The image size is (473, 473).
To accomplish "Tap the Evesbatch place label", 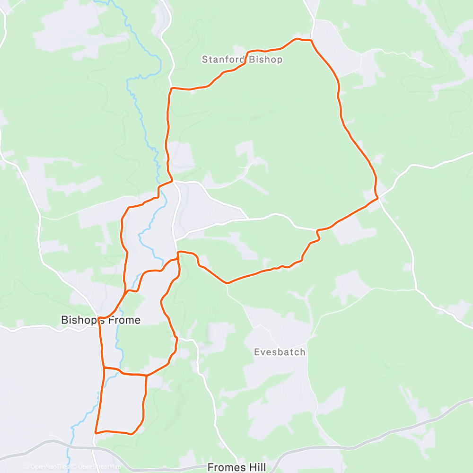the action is click(280, 352).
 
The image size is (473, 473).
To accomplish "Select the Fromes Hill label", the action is click(234, 467).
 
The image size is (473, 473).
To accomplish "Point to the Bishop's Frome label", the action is click(101, 320).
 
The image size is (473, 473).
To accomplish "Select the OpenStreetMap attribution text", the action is click(97, 467).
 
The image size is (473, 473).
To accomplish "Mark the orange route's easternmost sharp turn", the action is click(378, 198).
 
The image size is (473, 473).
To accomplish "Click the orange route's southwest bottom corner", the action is click(96, 432).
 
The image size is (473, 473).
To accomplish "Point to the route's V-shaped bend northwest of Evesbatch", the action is click(228, 283).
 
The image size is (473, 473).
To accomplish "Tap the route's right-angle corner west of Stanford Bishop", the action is click(171, 88).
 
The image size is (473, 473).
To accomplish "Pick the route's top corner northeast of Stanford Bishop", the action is click(311, 41).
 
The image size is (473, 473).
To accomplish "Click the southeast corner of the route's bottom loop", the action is click(132, 433).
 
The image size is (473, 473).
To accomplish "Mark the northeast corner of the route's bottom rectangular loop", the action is click(146, 376).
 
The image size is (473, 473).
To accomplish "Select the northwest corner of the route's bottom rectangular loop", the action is click(104, 368).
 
